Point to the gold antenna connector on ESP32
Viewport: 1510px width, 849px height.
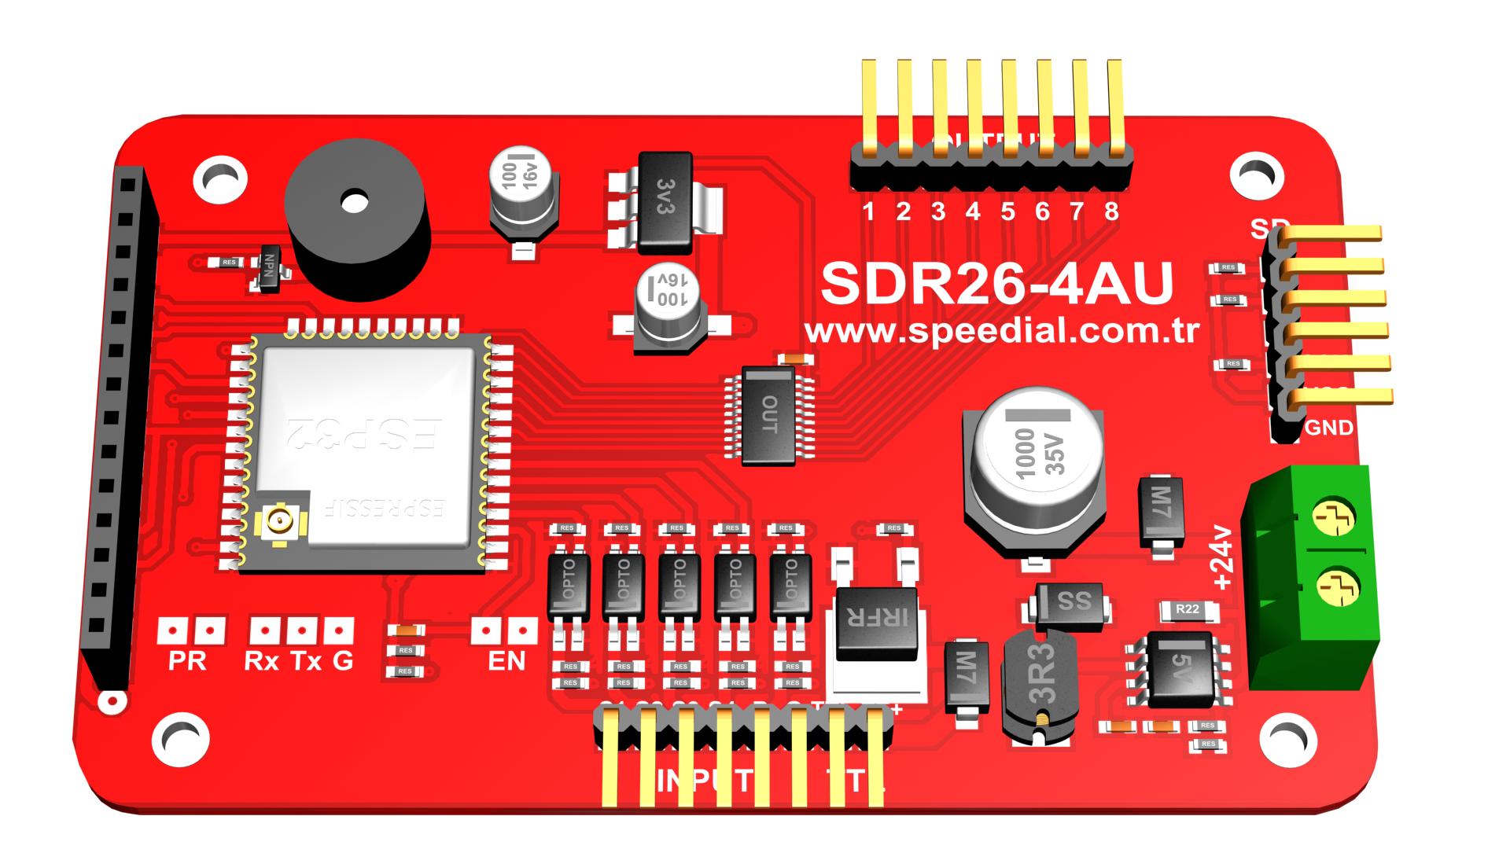(278, 520)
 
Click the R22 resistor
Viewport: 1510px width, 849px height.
(1188, 609)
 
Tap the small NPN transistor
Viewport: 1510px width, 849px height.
(270, 269)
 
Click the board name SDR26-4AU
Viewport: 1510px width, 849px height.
(996, 285)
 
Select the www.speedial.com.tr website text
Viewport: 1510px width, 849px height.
(1001, 331)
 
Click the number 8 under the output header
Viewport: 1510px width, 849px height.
(1111, 211)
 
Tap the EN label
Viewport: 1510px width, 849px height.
(506, 661)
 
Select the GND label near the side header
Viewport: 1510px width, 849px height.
(1329, 428)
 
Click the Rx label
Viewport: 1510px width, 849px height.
(262, 662)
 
